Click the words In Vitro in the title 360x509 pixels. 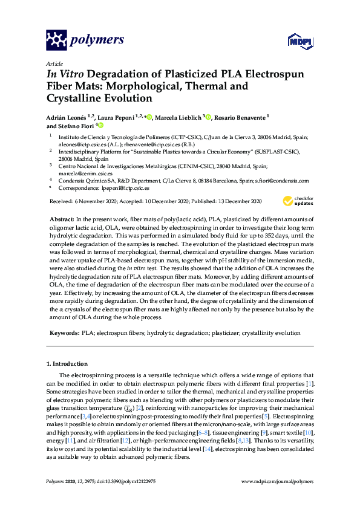pyautogui.click(x=65, y=74)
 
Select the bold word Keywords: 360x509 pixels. pyautogui.click(x=64, y=332)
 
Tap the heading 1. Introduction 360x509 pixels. pyautogui.click(x=67, y=364)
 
